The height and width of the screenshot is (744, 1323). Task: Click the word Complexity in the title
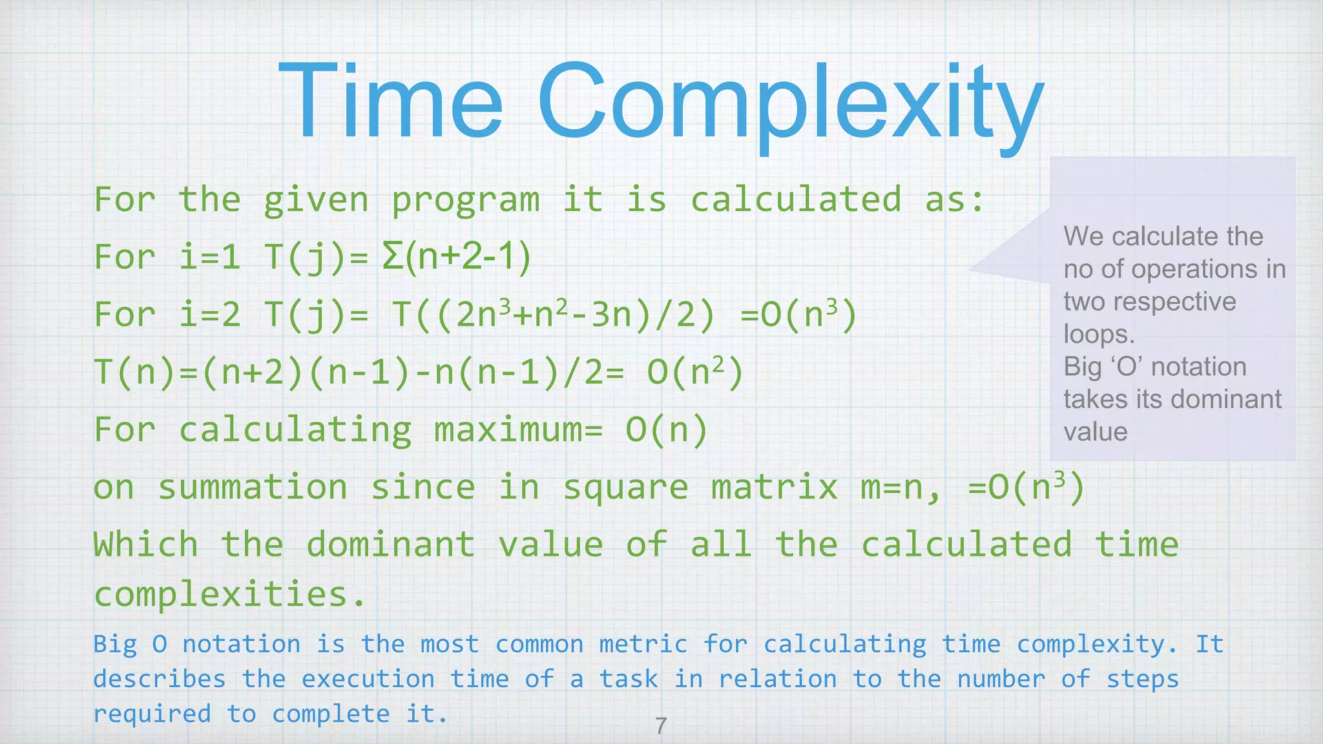pos(790,103)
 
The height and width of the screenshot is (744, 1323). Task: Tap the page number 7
pos(660,726)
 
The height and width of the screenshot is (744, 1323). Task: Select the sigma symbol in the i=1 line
pos(391,256)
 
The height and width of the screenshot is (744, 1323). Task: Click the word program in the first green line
pos(465,200)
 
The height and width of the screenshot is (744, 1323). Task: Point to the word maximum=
pos(517,429)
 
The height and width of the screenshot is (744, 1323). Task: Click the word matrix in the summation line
pos(774,487)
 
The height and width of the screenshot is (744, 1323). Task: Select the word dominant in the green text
pos(390,544)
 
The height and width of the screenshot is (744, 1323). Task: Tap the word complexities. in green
pos(229,594)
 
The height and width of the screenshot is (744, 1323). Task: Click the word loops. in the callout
pos(1098,334)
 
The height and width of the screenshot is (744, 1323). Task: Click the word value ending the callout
pos(1096,431)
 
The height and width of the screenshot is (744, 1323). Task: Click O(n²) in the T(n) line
pos(695,373)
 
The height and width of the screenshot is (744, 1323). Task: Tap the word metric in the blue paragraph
pos(643,644)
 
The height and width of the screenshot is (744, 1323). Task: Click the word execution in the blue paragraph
pos(368,679)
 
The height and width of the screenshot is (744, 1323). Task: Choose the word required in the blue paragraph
pos(152,714)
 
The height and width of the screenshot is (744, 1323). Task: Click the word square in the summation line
pos(625,488)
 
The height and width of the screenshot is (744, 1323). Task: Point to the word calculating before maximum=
pos(295,430)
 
